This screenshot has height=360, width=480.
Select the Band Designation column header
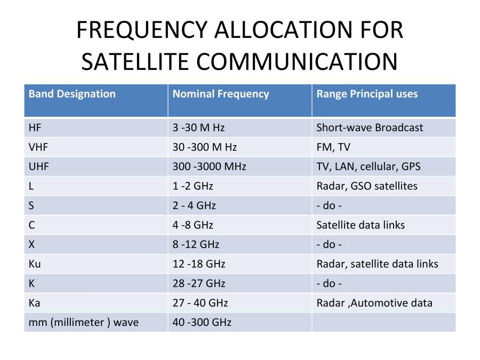click(x=72, y=94)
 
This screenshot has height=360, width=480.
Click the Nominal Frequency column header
click(x=221, y=94)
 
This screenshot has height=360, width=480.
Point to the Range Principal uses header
click(x=367, y=94)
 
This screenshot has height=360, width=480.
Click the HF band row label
click(x=35, y=127)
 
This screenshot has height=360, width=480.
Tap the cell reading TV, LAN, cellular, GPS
click(x=368, y=166)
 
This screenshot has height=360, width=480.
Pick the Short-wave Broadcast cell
click(x=370, y=127)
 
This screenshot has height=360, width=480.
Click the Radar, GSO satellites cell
click(x=367, y=186)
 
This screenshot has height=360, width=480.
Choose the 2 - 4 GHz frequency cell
click(x=194, y=205)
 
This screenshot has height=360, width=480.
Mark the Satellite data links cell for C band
click(x=361, y=225)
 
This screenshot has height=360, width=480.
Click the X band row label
click(x=32, y=244)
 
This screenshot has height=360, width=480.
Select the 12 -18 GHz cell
click(x=199, y=264)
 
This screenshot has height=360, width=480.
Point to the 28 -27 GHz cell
click(x=199, y=283)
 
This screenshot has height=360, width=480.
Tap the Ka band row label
click(x=35, y=303)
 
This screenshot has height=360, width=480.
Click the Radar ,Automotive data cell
click(x=374, y=303)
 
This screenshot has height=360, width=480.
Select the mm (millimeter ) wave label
click(x=83, y=322)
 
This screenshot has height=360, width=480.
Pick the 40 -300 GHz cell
click(x=202, y=322)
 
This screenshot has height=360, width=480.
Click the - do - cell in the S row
click(x=329, y=205)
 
